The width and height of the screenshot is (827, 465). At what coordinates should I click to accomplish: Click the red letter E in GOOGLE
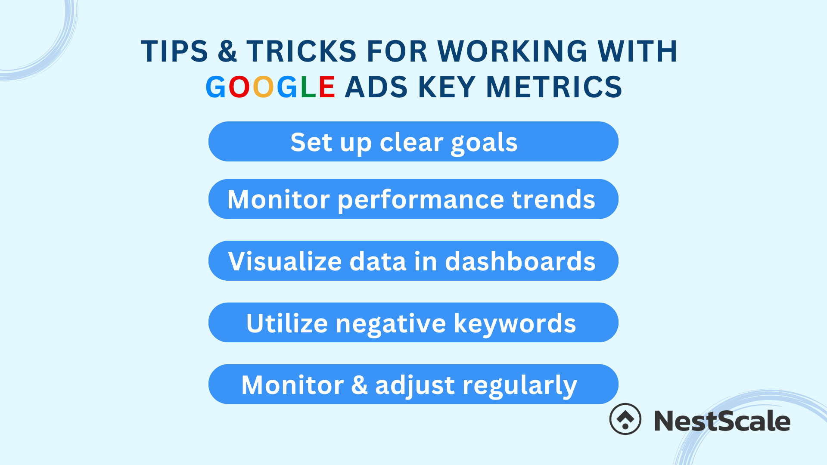(x=327, y=87)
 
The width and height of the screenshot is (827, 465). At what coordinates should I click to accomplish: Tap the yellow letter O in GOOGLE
(x=263, y=87)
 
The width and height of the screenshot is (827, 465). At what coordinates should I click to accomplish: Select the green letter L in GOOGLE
(x=308, y=87)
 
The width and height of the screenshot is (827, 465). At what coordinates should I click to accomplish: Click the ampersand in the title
(x=227, y=51)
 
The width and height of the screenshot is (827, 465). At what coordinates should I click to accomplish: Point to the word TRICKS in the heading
(x=302, y=51)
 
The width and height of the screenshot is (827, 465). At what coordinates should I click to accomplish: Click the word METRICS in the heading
(x=554, y=87)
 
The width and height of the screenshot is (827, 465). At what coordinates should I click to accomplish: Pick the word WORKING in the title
(x=513, y=51)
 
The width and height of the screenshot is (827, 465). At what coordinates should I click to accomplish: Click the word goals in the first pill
(x=484, y=143)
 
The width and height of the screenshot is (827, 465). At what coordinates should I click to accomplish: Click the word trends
(x=553, y=199)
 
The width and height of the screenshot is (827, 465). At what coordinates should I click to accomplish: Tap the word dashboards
(x=520, y=261)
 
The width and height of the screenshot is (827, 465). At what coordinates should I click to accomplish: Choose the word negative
(x=391, y=324)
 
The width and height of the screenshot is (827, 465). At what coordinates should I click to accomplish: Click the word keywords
(x=515, y=323)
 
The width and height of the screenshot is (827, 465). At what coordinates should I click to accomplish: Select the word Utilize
(x=287, y=323)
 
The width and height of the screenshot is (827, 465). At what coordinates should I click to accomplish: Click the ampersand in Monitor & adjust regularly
(x=359, y=384)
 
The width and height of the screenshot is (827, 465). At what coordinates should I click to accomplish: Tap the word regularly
(x=519, y=386)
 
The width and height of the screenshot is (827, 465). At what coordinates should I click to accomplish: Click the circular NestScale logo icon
(x=625, y=419)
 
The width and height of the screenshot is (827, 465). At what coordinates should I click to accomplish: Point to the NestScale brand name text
(x=722, y=421)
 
